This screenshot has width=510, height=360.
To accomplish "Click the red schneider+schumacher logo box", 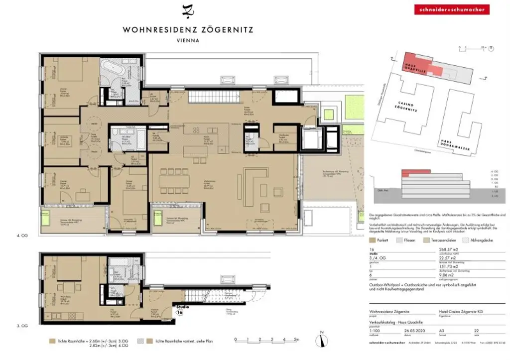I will pos(444,9).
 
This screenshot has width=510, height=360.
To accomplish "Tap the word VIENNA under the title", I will pos(188,41).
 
